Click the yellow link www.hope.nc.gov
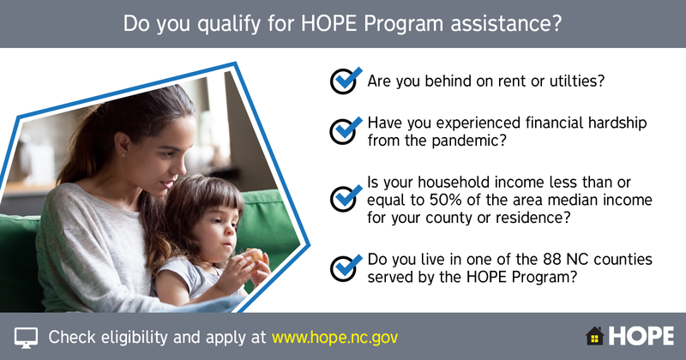point(334,337)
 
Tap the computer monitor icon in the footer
point(26,338)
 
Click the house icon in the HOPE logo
point(594,336)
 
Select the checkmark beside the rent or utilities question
point(346,81)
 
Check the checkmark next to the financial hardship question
point(346,130)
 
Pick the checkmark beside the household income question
point(346,199)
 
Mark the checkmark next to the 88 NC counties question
point(346,267)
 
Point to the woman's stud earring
point(123,154)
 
